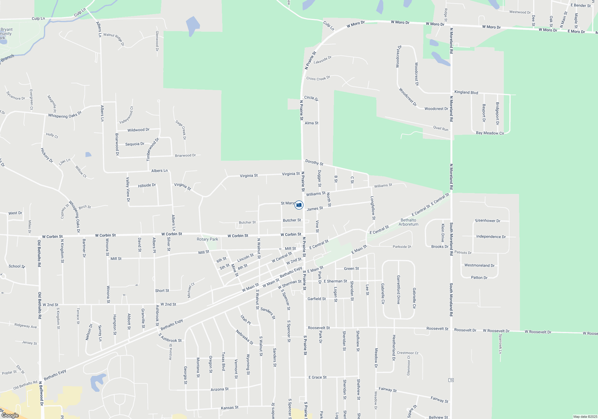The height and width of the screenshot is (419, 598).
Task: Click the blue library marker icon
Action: click(x=299, y=205)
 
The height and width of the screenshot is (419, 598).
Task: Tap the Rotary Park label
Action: click(x=207, y=239)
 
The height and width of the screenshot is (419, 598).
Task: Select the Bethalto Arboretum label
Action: click(x=408, y=222)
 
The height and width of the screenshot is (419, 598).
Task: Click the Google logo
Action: click(x=10, y=415)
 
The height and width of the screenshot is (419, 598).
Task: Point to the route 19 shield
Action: click(x=451, y=380)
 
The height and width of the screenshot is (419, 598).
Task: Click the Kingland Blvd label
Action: click(x=466, y=92)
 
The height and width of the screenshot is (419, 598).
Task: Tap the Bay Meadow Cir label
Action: click(x=490, y=133)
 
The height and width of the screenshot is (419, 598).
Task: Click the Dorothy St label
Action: click(x=314, y=163)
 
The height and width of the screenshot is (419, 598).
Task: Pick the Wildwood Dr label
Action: click(x=138, y=130)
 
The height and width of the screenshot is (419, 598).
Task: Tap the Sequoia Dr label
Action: click(x=135, y=144)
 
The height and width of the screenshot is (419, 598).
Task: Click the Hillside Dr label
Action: click(x=147, y=186)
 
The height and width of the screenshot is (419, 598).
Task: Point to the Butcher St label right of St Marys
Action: click(x=292, y=220)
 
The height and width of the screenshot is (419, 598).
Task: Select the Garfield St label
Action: click(x=317, y=299)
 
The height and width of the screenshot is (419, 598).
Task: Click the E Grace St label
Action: click(x=318, y=377)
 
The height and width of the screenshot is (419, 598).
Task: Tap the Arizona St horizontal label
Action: click(x=219, y=389)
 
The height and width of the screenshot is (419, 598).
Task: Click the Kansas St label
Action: click(x=230, y=408)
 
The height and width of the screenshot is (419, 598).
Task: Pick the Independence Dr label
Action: click(x=491, y=236)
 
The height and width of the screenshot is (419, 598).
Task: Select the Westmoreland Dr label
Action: click(x=479, y=265)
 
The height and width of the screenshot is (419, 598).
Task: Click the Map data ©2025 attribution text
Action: click(x=585, y=417)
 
